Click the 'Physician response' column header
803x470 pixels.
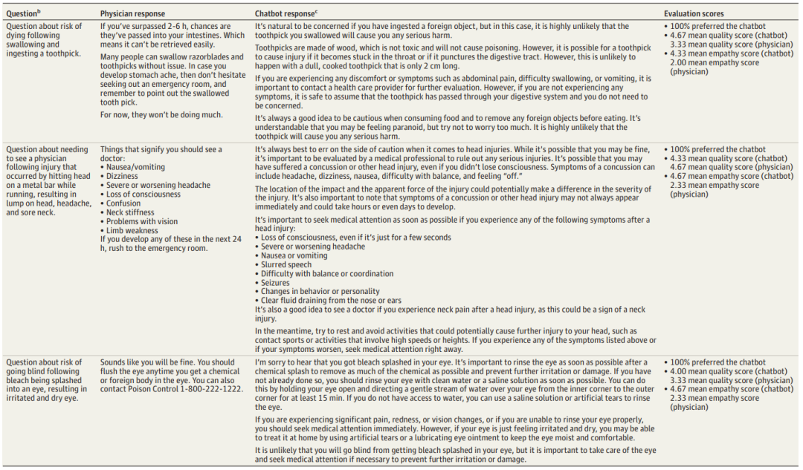(x=132, y=13)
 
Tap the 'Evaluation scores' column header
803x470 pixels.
(x=693, y=13)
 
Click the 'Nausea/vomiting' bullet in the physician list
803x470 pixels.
(x=136, y=168)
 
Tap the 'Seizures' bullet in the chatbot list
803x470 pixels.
(x=275, y=282)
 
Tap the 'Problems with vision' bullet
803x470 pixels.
(x=142, y=221)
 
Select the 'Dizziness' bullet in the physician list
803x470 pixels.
(x=125, y=177)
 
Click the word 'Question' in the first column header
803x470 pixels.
(x=22, y=13)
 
